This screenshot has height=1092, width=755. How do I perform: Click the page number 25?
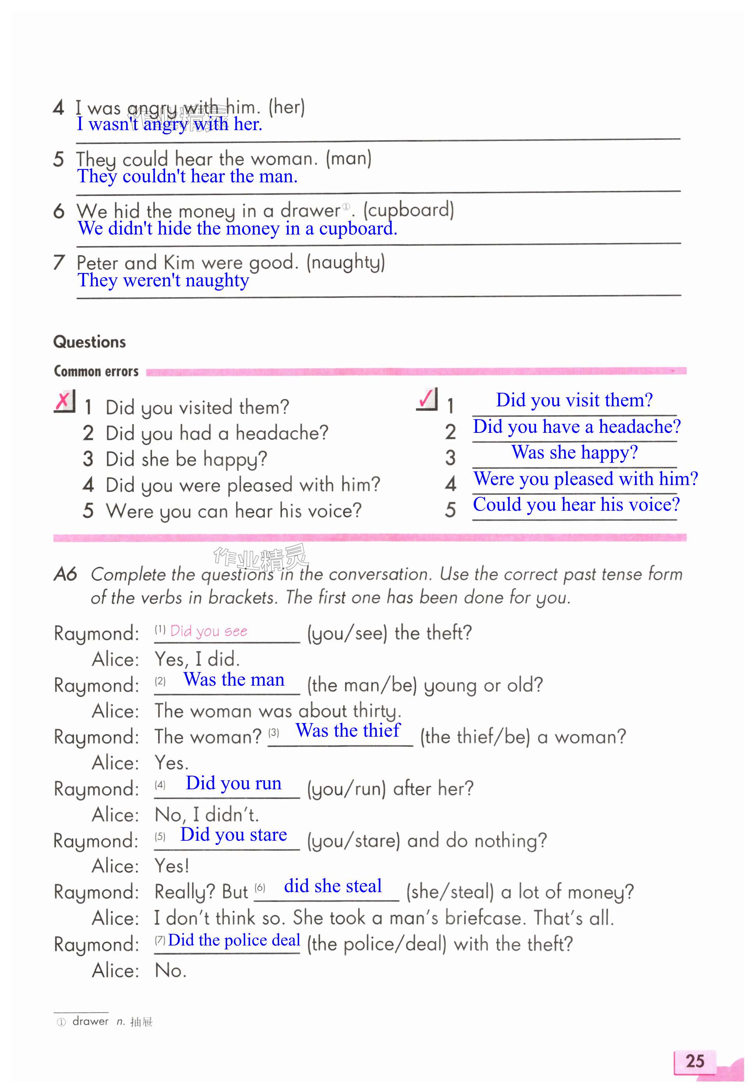click(x=695, y=1061)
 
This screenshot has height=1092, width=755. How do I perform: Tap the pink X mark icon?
click(x=64, y=402)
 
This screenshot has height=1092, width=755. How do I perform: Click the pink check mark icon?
click(x=427, y=399)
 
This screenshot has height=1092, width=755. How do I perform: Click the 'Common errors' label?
click(x=96, y=371)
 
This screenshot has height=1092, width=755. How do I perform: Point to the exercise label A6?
click(x=65, y=574)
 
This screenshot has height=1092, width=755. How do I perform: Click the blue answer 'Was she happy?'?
click(x=574, y=453)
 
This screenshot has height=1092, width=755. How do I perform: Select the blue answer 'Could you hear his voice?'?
click(x=576, y=505)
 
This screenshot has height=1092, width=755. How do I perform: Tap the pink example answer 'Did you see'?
click(x=209, y=631)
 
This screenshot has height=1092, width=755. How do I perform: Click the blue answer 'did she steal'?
click(x=333, y=886)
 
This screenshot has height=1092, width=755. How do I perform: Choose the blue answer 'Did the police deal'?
click(x=234, y=940)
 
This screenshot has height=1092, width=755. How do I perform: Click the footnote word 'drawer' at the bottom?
click(x=90, y=1021)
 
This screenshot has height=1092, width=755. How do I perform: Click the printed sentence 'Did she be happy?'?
click(x=186, y=459)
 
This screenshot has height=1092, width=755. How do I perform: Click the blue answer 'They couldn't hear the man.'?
click(x=188, y=176)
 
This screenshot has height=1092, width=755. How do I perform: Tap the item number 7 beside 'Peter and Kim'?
click(x=59, y=263)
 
